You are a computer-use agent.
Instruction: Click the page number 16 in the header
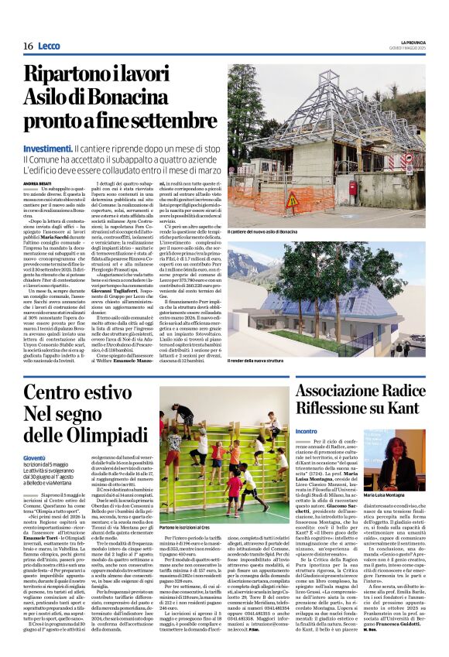[28, 46]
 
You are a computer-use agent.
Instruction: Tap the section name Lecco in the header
[51, 46]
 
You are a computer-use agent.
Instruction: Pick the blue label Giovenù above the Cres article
[34, 481]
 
